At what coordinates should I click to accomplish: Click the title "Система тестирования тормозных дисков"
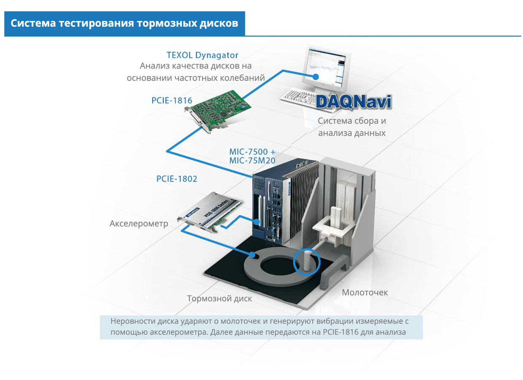124,23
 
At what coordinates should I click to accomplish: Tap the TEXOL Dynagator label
202,55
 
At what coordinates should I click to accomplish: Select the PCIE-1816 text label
172,100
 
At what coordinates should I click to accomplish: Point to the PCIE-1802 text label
177,179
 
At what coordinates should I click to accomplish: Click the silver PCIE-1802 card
211,213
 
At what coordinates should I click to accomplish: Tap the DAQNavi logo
353,102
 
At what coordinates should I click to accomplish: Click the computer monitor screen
326,66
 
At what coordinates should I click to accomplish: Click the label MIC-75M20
252,160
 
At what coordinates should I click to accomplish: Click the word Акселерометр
139,223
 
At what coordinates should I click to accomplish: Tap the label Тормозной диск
219,299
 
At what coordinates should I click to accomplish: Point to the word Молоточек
365,292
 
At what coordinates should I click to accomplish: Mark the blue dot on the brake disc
252,255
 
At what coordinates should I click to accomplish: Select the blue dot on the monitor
316,76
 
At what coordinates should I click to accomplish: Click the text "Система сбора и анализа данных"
352,127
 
